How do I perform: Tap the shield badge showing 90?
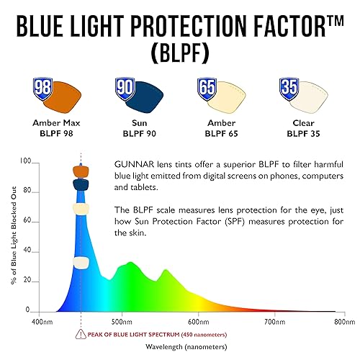pos(125,89)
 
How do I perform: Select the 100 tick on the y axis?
pos(26,162)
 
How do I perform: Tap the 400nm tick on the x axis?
pos(42,322)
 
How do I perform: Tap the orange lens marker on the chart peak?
pos(81,171)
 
